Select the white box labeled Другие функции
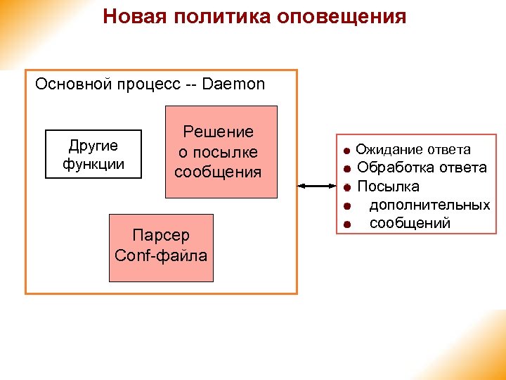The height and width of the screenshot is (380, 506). pos(93,155)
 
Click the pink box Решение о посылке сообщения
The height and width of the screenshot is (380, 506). pos(221,152)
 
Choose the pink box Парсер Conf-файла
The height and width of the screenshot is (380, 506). pos(161,245)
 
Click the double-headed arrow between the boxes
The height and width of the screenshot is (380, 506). pos(317,186)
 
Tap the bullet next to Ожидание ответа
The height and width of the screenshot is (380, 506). pos(346,151)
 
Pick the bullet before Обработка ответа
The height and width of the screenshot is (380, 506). pos(346,169)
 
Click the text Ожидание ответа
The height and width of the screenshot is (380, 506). pos(413,150)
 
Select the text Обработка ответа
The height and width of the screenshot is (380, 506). pos(422,168)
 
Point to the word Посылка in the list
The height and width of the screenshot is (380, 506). pos(389,186)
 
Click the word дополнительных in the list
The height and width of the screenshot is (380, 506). pos(429,205)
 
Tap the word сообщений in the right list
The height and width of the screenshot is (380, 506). pos(410,224)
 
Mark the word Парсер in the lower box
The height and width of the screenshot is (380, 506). pos(161,236)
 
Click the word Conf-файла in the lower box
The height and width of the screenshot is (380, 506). pos(161,255)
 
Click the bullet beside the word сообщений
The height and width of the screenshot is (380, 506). pos(346,224)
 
